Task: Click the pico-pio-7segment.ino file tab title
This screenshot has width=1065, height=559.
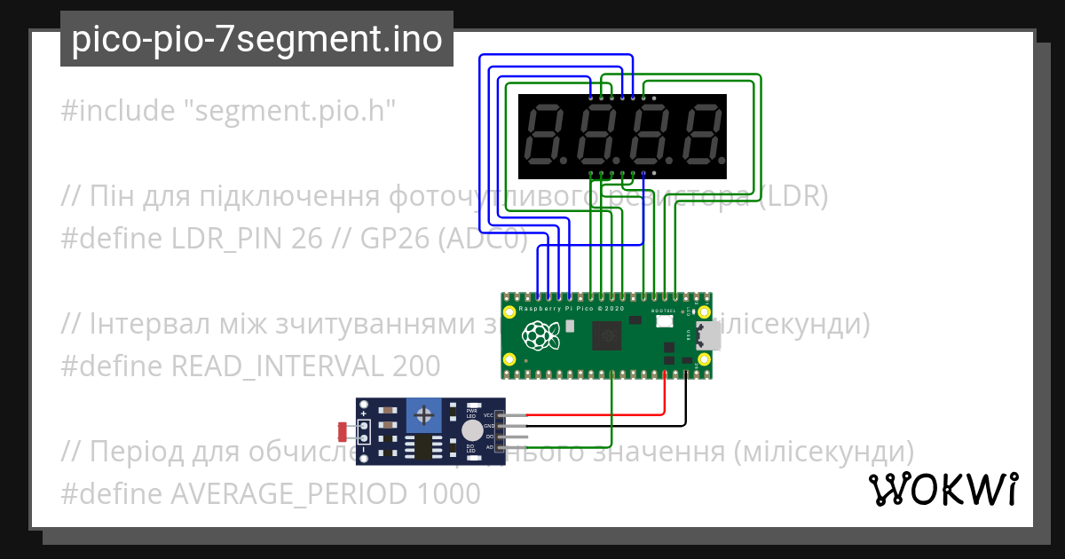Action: pyautogui.click(x=256, y=39)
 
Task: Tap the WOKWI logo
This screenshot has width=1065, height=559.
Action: pyautogui.click(x=943, y=489)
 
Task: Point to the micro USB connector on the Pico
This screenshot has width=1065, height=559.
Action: pyautogui.click(x=706, y=335)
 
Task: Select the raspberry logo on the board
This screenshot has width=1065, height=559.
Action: pyautogui.click(x=538, y=335)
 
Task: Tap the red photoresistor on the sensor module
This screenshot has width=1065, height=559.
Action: pyautogui.click(x=344, y=431)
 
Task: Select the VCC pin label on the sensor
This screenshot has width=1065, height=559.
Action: pyautogui.click(x=488, y=415)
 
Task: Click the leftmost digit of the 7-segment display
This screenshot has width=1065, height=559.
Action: pyautogui.click(x=544, y=135)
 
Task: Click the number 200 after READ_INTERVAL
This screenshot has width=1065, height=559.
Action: pyautogui.click(x=414, y=366)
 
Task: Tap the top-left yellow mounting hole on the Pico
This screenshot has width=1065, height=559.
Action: pyautogui.click(x=509, y=312)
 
